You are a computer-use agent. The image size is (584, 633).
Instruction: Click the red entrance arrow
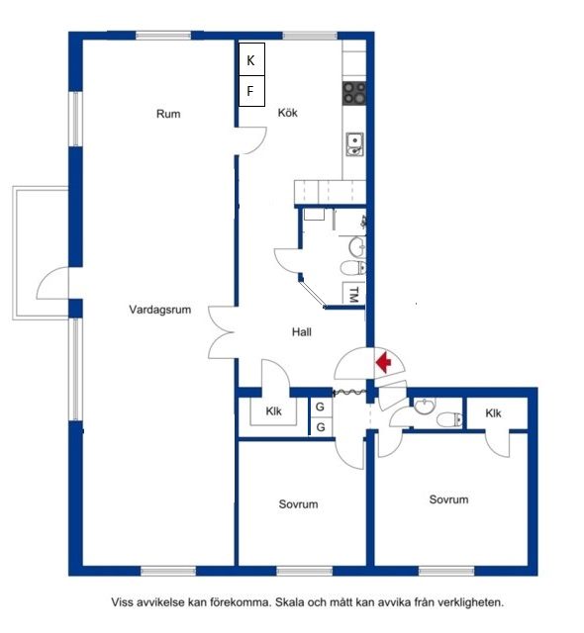[x=384, y=362]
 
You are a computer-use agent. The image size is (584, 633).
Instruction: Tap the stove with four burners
[x=354, y=93]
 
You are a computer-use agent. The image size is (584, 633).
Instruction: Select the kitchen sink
[x=355, y=144]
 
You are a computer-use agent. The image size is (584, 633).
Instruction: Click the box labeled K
[x=251, y=59]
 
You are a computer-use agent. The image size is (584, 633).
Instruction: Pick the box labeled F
[x=251, y=91]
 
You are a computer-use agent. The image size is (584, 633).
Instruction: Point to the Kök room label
[x=288, y=113]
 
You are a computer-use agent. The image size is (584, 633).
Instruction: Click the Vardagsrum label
[x=160, y=310]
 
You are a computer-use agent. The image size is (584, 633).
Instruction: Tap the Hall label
[x=302, y=332]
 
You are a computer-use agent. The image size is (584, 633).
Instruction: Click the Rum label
[x=168, y=114]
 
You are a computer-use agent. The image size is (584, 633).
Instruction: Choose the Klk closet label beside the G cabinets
[x=273, y=411]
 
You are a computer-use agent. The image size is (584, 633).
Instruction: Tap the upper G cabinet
[x=321, y=407]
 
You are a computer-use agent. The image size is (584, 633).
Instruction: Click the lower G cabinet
[x=321, y=426]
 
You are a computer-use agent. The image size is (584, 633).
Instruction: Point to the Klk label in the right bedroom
[x=493, y=413]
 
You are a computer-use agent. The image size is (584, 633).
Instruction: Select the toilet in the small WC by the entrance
[x=449, y=419]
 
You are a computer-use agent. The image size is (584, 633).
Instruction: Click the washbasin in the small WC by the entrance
[x=425, y=406]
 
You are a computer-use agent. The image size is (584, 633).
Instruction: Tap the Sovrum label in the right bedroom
[x=448, y=499]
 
